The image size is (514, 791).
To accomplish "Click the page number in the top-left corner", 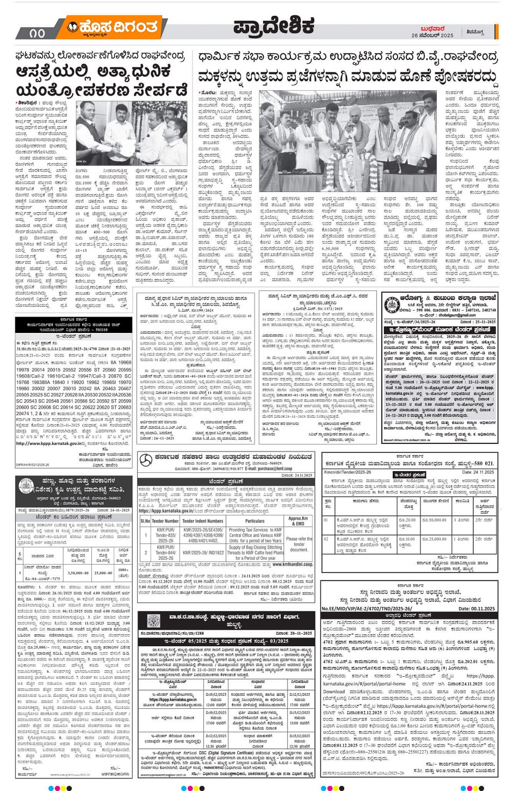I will pos(38,33).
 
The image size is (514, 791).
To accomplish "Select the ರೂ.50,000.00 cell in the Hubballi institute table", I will pos(434,520).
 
